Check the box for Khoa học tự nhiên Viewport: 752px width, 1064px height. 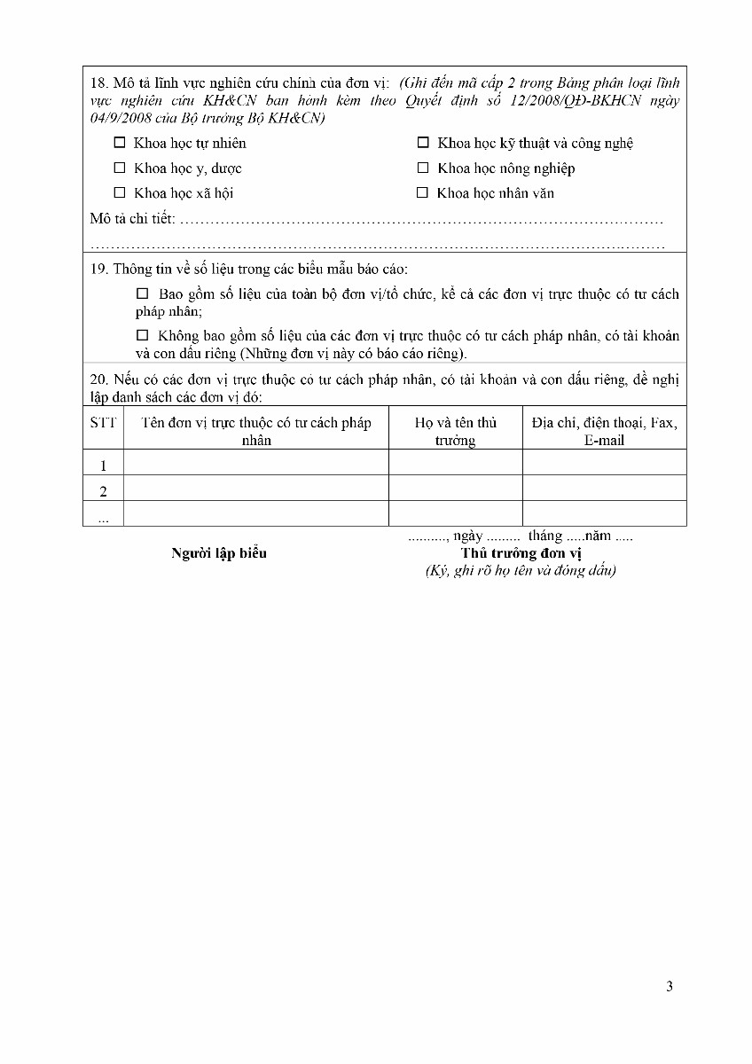pos(120,143)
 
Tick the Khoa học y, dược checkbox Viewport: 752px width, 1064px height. pos(120,168)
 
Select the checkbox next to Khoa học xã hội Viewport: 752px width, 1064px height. pos(120,192)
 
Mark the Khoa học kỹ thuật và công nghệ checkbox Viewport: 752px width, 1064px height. pos(423,143)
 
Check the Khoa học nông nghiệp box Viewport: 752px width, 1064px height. pos(423,168)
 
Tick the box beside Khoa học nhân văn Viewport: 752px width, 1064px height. pos(423,192)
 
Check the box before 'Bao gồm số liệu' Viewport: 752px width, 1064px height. pos(143,293)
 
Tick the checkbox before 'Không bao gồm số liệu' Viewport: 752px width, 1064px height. pos(143,336)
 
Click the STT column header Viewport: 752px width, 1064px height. pos(103,423)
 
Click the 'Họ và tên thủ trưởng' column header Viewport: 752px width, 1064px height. pos(455,431)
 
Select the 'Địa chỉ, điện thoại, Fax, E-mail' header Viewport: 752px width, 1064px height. pos(604,431)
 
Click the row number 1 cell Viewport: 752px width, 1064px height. pos(103,465)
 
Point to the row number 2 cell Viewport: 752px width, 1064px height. pos(103,490)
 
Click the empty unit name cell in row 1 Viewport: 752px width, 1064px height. pos(255,463)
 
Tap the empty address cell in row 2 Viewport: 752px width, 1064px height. pos(604,489)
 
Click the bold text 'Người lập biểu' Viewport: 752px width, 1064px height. pos(219,554)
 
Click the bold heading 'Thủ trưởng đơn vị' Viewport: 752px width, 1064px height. pos(521,554)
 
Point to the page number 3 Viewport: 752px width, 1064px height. pos(670,987)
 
